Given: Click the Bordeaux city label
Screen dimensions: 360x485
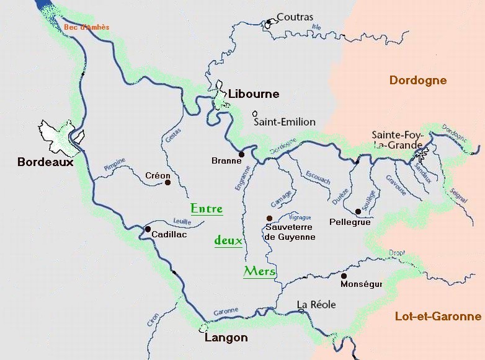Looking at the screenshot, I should coord(45,162).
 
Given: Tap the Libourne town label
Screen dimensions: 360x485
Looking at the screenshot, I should coord(254,94).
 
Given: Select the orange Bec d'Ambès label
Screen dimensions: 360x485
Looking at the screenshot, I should coord(86,27).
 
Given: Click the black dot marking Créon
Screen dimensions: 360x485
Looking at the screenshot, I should coord(167,182).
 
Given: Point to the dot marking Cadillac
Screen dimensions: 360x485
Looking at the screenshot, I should coord(148,229).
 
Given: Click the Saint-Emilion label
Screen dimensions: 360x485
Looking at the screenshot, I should coord(285,122).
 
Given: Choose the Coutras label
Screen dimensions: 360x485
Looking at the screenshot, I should coord(295,17).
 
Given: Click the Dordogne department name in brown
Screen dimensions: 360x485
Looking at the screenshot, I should coord(417,81).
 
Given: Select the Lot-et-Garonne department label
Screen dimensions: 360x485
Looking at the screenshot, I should coord(438,317).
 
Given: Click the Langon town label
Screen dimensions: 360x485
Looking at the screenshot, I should coord(226,338).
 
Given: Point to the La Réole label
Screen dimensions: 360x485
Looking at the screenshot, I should coord(316,304).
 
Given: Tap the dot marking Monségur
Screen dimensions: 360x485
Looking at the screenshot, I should coord(344,276).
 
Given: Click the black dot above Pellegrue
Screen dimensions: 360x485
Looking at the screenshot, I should coord(358,211).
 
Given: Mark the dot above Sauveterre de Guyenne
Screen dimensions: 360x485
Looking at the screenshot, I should coord(269,218).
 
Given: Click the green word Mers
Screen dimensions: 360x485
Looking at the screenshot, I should coord(259,271).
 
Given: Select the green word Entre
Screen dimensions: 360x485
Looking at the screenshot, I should coord(206,209).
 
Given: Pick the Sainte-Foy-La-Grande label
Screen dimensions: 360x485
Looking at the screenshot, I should coord(397,139).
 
